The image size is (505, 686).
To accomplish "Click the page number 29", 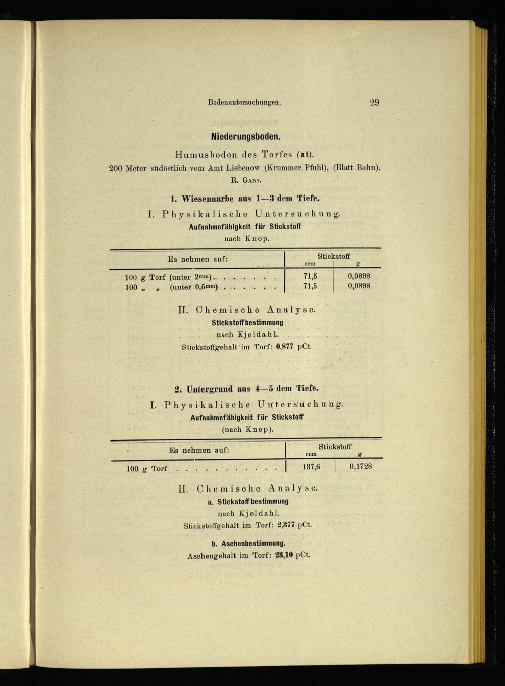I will tap(374, 102).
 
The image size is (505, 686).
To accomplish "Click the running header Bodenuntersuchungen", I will tap(244, 102).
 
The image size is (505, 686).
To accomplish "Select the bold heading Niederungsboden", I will tap(245, 137).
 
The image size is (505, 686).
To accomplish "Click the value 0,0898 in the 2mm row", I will tap(359, 276).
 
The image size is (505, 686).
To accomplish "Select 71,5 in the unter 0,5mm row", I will tap(310, 286).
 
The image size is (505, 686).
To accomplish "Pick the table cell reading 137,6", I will tap(311, 467).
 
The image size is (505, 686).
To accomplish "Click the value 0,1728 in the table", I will tap(361, 466).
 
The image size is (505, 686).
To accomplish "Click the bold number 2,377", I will tap(286, 525).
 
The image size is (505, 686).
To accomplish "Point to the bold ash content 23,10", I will tap(284, 555).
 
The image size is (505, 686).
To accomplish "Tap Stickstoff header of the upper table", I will tap(333, 256).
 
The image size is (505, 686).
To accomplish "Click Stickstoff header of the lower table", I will tap(335, 447).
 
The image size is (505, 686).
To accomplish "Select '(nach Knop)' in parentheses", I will tap(247, 430).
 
